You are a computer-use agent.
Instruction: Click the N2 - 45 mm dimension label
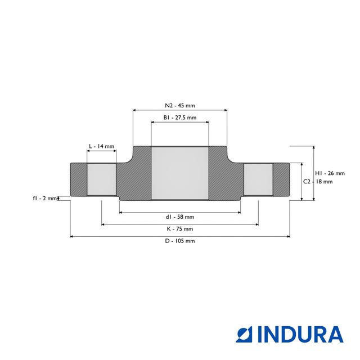tap(179, 105)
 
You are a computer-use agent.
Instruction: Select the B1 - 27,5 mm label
tap(179, 118)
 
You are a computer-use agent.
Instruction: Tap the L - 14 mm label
tap(101, 146)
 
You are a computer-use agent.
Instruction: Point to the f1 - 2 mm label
tap(45, 198)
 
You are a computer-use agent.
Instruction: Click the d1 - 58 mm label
tap(179, 217)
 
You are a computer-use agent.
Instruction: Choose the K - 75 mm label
tap(179, 229)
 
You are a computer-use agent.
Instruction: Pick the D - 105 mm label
tap(179, 241)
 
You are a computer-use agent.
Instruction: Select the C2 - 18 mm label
tap(318, 182)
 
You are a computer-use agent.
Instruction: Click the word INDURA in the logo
tap(300, 334)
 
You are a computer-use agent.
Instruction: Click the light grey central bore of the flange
tap(180, 173)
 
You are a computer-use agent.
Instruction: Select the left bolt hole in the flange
tap(101, 179)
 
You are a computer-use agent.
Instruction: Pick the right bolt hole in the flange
tap(258, 179)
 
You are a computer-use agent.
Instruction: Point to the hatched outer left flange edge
tap(78, 179)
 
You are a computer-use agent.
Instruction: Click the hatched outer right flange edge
tap(281, 179)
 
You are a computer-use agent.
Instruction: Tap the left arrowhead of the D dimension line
tap(72, 237)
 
